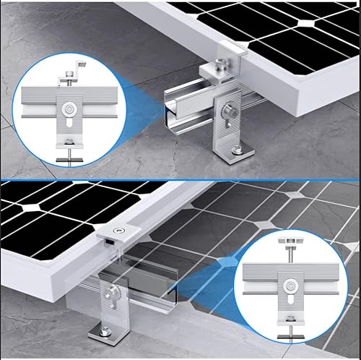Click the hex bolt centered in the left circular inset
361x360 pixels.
click(68, 110)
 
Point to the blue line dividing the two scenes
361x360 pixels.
click(180, 179)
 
